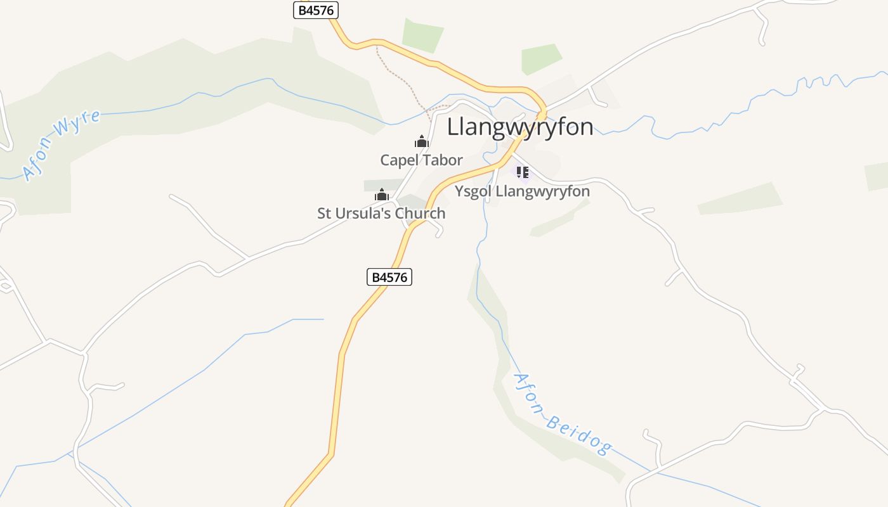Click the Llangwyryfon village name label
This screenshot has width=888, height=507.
(520, 127)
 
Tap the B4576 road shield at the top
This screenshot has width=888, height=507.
(316, 10)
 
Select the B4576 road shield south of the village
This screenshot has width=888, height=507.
(389, 277)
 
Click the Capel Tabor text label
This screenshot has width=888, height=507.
(421, 160)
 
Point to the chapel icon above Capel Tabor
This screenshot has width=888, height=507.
(422, 141)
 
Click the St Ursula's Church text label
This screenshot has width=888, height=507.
(381, 214)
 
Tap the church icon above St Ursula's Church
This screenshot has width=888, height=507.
(381, 195)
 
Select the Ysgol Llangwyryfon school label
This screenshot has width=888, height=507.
(522, 191)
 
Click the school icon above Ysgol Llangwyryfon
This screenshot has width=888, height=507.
(523, 172)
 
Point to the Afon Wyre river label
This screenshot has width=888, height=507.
(61, 145)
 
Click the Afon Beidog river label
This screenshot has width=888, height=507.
(562, 413)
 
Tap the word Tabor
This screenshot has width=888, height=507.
(442, 160)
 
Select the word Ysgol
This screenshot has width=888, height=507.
(473, 191)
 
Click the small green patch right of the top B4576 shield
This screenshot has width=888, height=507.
(422, 35)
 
